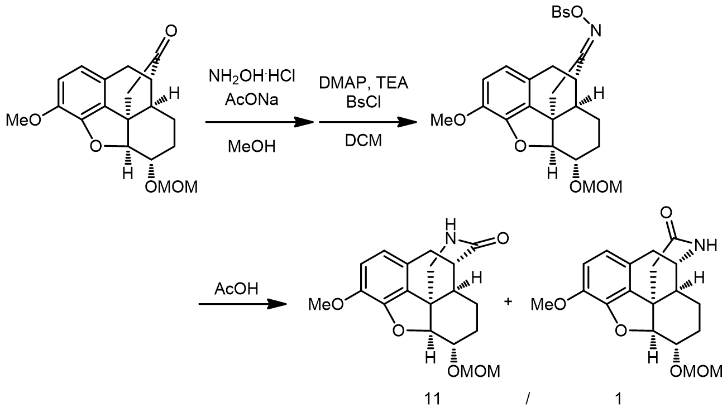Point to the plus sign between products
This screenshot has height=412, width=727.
click(508, 303)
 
